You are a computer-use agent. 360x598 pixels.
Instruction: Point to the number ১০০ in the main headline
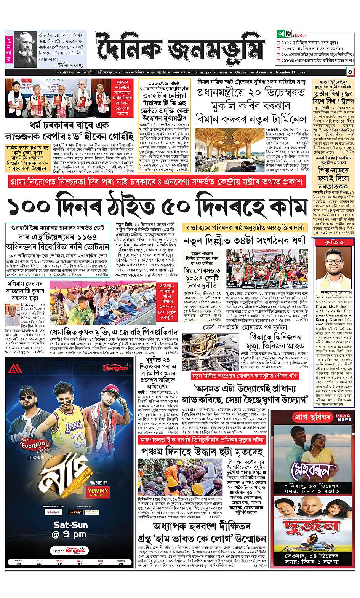pyautogui.click(x=35, y=207)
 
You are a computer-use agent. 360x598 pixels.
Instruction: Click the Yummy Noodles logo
pyautogui.click(x=98, y=492)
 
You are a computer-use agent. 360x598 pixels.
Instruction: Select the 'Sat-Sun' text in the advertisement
pyautogui.click(x=70, y=525)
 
